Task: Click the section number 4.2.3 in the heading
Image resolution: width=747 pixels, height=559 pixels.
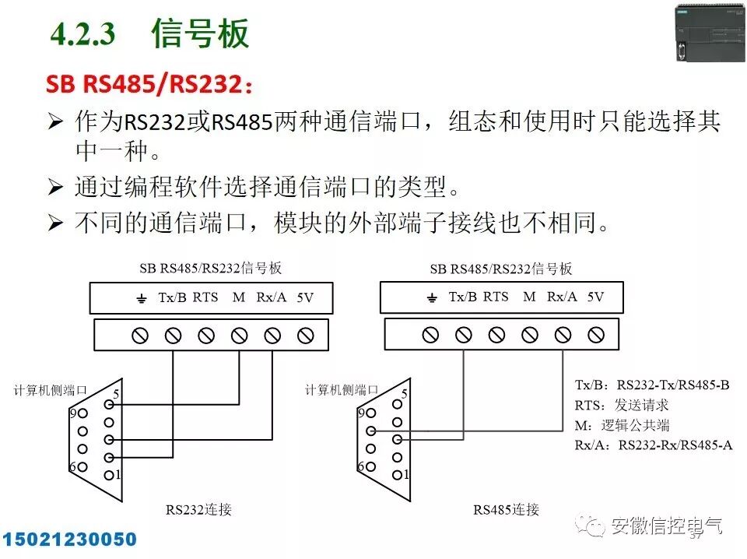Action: pos(82,33)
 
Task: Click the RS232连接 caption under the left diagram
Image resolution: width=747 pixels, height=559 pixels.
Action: pos(198,510)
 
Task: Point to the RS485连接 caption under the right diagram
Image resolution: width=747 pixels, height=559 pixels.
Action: pos(507,510)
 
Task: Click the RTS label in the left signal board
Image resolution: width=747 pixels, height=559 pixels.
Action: pos(205,297)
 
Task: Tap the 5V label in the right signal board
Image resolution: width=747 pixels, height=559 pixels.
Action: pos(595,297)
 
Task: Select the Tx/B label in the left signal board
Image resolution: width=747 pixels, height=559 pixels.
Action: pos(172,297)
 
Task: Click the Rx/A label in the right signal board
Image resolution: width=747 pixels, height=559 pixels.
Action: pos(562,297)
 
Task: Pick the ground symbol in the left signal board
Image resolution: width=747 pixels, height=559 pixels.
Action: pos(142,299)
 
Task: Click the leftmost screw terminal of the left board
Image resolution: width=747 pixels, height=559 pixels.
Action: pos(140,336)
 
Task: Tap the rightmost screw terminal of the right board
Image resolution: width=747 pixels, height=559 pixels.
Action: pos(596,335)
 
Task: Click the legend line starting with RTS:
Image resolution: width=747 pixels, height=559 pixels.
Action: pos(621,405)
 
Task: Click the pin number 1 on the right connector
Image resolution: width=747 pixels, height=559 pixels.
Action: pos(407,474)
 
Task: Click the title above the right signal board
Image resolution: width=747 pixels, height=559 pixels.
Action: pos(500,269)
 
